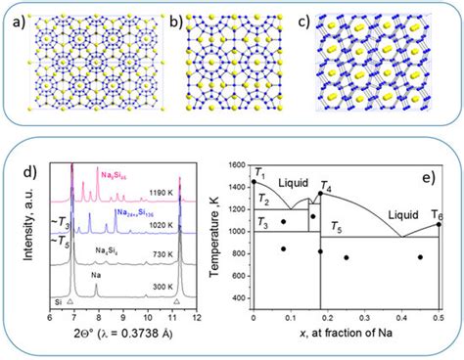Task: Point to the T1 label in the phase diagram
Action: click(x=259, y=173)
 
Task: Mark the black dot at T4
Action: click(x=320, y=194)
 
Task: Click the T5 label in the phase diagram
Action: click(x=336, y=228)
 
